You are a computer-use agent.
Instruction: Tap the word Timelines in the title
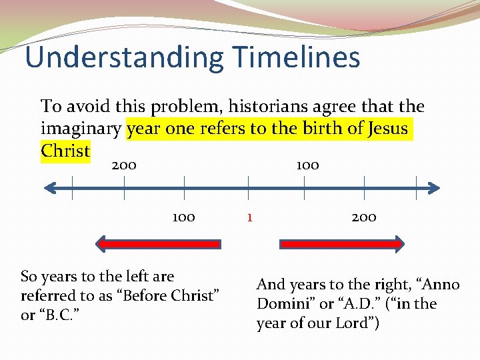pyautogui.click(x=295, y=57)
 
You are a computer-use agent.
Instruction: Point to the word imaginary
pyautogui.click(x=81, y=128)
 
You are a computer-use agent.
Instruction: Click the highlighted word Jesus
pyautogui.click(x=387, y=128)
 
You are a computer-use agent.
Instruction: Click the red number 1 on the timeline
pyautogui.click(x=249, y=217)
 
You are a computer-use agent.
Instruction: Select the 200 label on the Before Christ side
pyautogui.click(x=124, y=165)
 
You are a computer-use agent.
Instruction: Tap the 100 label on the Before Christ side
pyautogui.click(x=183, y=217)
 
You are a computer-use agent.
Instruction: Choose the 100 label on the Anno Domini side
pyautogui.click(x=307, y=165)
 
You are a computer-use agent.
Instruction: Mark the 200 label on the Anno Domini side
pyautogui.click(x=364, y=217)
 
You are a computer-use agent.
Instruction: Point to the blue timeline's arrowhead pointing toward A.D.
pyautogui.click(x=433, y=189)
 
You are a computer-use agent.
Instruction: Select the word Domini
pyautogui.click(x=282, y=304)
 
